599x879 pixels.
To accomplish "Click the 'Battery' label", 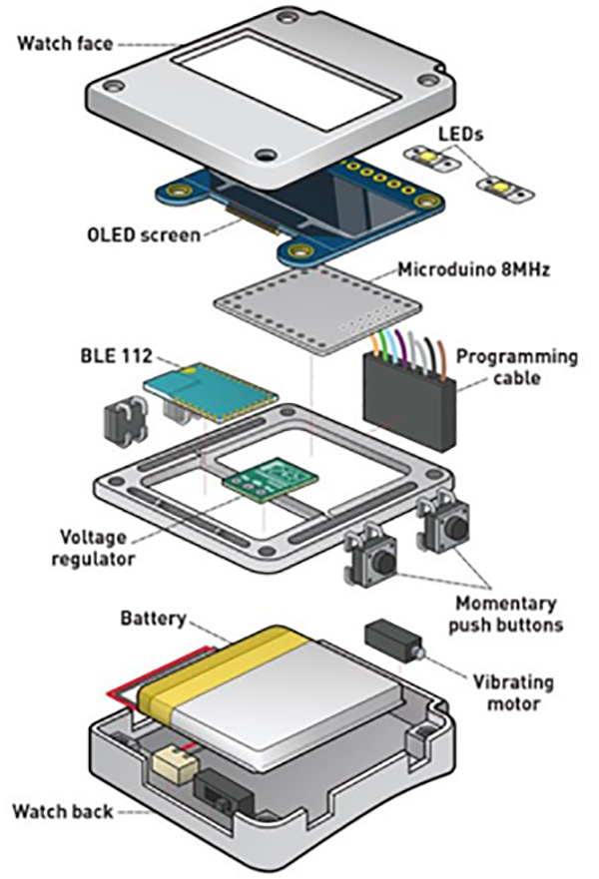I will point(152,620).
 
